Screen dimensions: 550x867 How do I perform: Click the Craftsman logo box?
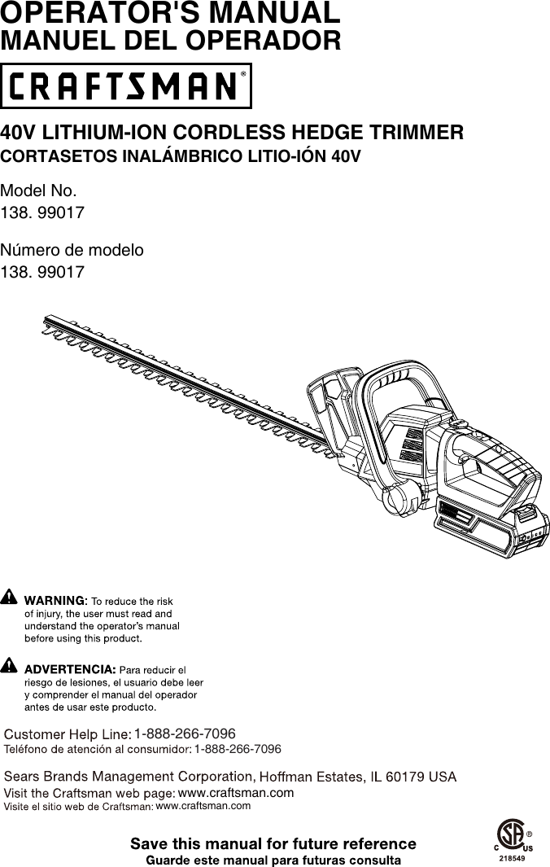click(126, 85)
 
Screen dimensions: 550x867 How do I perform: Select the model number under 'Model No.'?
click(42, 212)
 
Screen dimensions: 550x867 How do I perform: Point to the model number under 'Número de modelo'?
click(42, 271)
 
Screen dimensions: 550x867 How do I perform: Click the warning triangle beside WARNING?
click(9, 598)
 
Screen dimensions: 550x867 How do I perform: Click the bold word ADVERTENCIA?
click(70, 669)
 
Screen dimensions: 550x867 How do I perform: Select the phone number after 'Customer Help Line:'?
click(185, 734)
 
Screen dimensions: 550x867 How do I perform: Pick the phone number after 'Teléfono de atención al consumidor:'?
click(238, 748)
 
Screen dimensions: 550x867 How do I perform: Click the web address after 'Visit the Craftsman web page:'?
click(235, 792)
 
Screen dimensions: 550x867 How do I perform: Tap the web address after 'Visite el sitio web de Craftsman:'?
click(203, 806)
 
